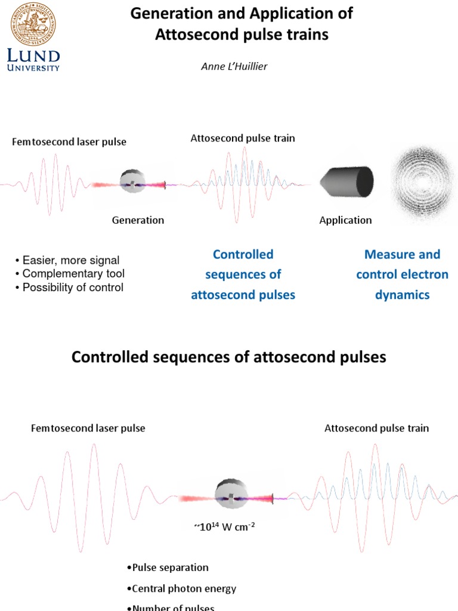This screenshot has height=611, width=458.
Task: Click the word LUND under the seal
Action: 34,57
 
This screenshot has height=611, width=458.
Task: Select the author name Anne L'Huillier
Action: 234,66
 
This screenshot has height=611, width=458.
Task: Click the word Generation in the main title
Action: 164,13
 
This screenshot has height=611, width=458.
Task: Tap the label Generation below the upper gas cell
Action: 138,220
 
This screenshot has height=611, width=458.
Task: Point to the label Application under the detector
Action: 345,220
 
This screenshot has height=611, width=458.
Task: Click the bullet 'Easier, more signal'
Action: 70,260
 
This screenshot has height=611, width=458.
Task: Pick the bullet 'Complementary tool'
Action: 73,274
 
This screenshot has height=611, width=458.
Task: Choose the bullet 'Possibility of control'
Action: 72,288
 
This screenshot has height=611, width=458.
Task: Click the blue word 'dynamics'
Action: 402,295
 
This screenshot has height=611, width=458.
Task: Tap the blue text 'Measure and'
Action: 402,255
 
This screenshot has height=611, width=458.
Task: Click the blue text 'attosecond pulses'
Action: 243,295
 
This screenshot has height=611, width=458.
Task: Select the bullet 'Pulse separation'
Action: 168,567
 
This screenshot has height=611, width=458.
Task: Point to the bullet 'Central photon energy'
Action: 182,588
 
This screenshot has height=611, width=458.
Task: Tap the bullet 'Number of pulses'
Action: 171,607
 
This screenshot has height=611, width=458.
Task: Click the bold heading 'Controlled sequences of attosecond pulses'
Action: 229,357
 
